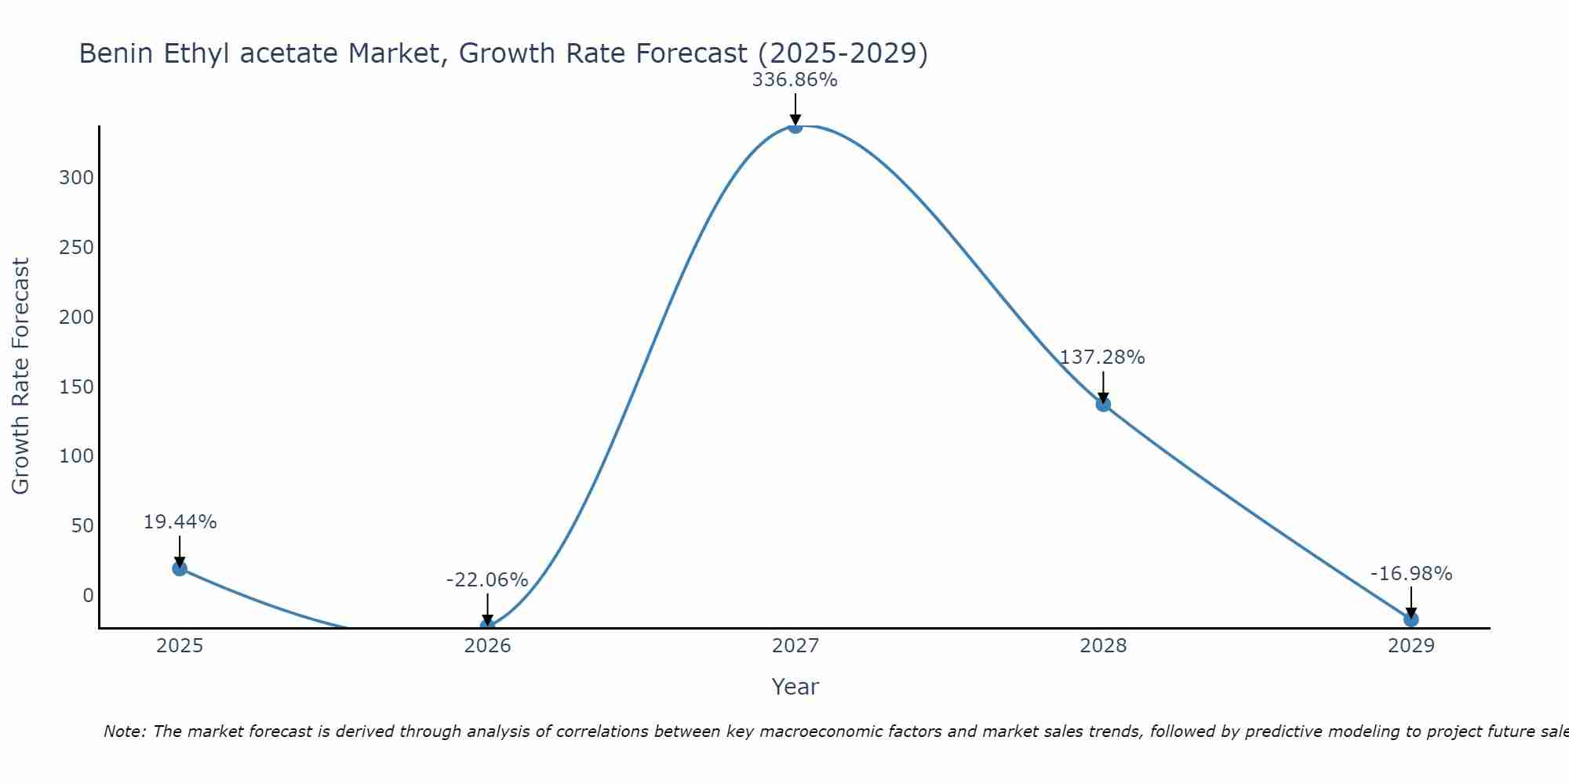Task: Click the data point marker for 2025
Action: (180, 568)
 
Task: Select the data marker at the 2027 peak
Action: (795, 126)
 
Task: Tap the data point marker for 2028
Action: (1103, 405)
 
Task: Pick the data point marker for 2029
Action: (1411, 619)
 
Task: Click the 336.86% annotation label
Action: (795, 80)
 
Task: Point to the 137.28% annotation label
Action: (1102, 358)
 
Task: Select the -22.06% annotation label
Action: (487, 580)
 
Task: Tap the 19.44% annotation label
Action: (180, 522)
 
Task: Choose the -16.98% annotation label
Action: (1411, 574)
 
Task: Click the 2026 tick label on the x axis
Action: (487, 646)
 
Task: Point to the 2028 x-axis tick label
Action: (1103, 646)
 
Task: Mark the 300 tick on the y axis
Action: (76, 178)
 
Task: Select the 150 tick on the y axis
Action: (76, 387)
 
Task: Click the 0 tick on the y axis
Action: (88, 596)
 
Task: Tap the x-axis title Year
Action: (795, 687)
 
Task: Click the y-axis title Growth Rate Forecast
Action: (21, 376)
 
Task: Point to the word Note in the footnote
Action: (123, 731)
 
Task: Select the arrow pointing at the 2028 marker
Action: (1103, 387)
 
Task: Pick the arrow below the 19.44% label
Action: (180, 551)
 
